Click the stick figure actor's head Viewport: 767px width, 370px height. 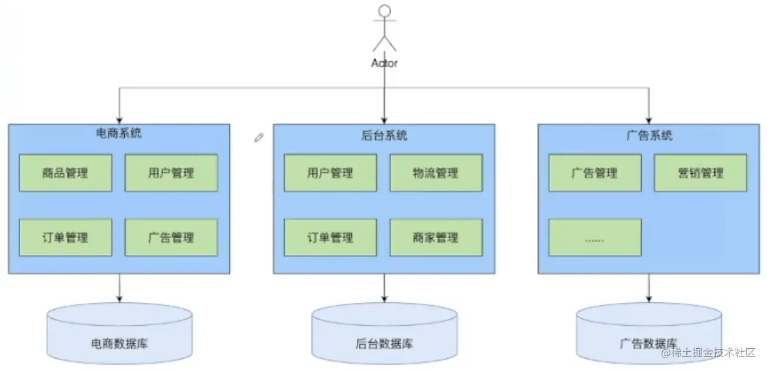tap(384, 11)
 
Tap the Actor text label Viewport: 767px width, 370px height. tap(384, 63)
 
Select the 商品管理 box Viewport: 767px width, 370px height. tap(65, 173)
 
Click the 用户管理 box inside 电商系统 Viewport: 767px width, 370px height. tap(171, 173)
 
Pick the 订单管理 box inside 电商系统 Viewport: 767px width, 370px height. tap(65, 237)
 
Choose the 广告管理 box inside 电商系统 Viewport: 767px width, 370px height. tap(171, 237)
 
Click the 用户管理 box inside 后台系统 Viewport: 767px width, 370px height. tap(330, 173)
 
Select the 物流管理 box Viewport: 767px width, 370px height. tap(436, 173)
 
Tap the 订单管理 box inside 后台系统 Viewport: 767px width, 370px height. tap(330, 237)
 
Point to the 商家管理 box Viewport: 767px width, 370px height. tap(436, 237)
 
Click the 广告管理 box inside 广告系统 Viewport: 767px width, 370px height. tap(595, 173)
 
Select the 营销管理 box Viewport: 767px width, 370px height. tap(700, 173)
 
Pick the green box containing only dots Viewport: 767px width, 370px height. tap(595, 237)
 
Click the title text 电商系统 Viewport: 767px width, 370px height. tap(118, 134)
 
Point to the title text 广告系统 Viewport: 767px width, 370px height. tap(649, 136)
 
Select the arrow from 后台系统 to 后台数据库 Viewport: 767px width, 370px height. tap(384, 288)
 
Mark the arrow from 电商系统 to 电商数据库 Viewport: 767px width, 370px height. tap(120, 288)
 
